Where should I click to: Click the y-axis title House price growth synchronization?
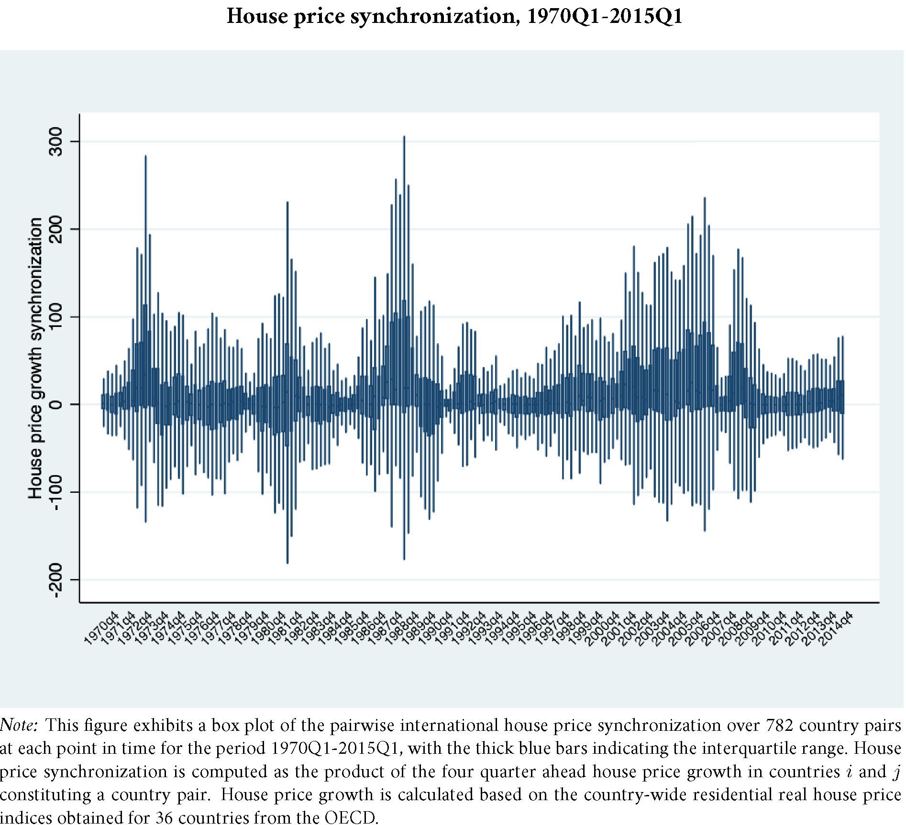(x=35, y=358)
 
